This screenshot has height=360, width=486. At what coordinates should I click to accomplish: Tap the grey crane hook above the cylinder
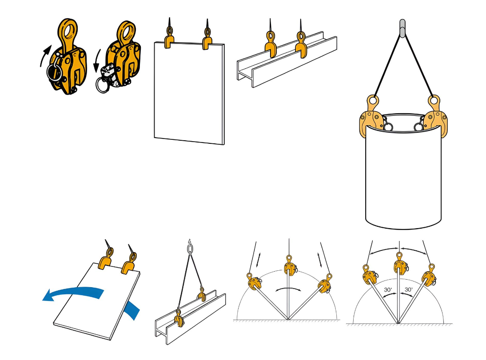pos(402,28)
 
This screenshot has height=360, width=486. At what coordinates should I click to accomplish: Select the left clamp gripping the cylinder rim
pos(370,117)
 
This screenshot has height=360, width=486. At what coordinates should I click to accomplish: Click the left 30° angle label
pos(387,290)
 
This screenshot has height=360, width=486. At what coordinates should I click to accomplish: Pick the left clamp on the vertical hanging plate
pos(170,39)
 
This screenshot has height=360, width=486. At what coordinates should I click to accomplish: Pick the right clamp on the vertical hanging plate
pos(207,40)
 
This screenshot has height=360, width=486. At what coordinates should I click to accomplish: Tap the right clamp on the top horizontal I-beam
pos(301,44)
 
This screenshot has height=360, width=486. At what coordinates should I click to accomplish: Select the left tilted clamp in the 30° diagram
pos(369,276)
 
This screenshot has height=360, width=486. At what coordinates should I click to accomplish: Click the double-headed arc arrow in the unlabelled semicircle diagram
pos(288,289)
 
